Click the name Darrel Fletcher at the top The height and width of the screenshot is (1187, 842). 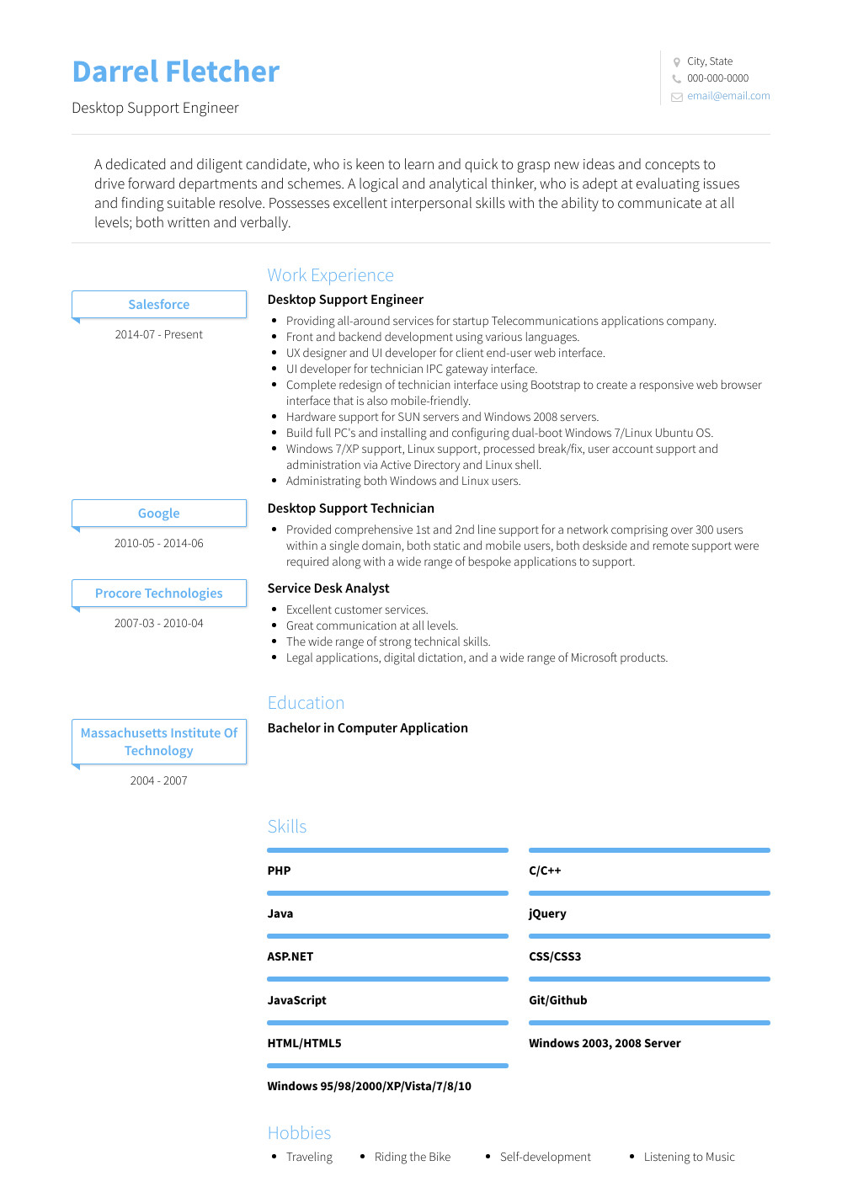[175, 72]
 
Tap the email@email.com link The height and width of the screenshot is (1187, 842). [727, 96]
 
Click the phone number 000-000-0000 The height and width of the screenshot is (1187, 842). [717, 78]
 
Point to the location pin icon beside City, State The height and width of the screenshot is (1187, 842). [676, 61]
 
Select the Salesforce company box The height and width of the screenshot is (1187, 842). [159, 304]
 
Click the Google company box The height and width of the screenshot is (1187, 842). [159, 513]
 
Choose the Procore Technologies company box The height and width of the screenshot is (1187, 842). [159, 593]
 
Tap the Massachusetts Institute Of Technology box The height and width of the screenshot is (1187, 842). [159, 742]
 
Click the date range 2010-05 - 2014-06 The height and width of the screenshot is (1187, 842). [159, 543]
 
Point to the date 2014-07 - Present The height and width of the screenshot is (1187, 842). [159, 334]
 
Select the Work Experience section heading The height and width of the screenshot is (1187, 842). [330, 275]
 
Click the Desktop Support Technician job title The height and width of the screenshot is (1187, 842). [350, 508]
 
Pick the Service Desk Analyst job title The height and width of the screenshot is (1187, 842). [328, 588]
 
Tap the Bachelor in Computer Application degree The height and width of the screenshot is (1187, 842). [367, 728]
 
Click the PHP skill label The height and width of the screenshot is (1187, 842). [279, 870]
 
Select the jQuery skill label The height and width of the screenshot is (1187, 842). [547, 913]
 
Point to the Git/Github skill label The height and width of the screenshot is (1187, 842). [557, 1000]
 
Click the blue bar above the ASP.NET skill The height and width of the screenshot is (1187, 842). [387, 936]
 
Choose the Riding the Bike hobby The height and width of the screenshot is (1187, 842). [413, 1157]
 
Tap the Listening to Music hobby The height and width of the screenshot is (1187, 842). [689, 1157]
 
